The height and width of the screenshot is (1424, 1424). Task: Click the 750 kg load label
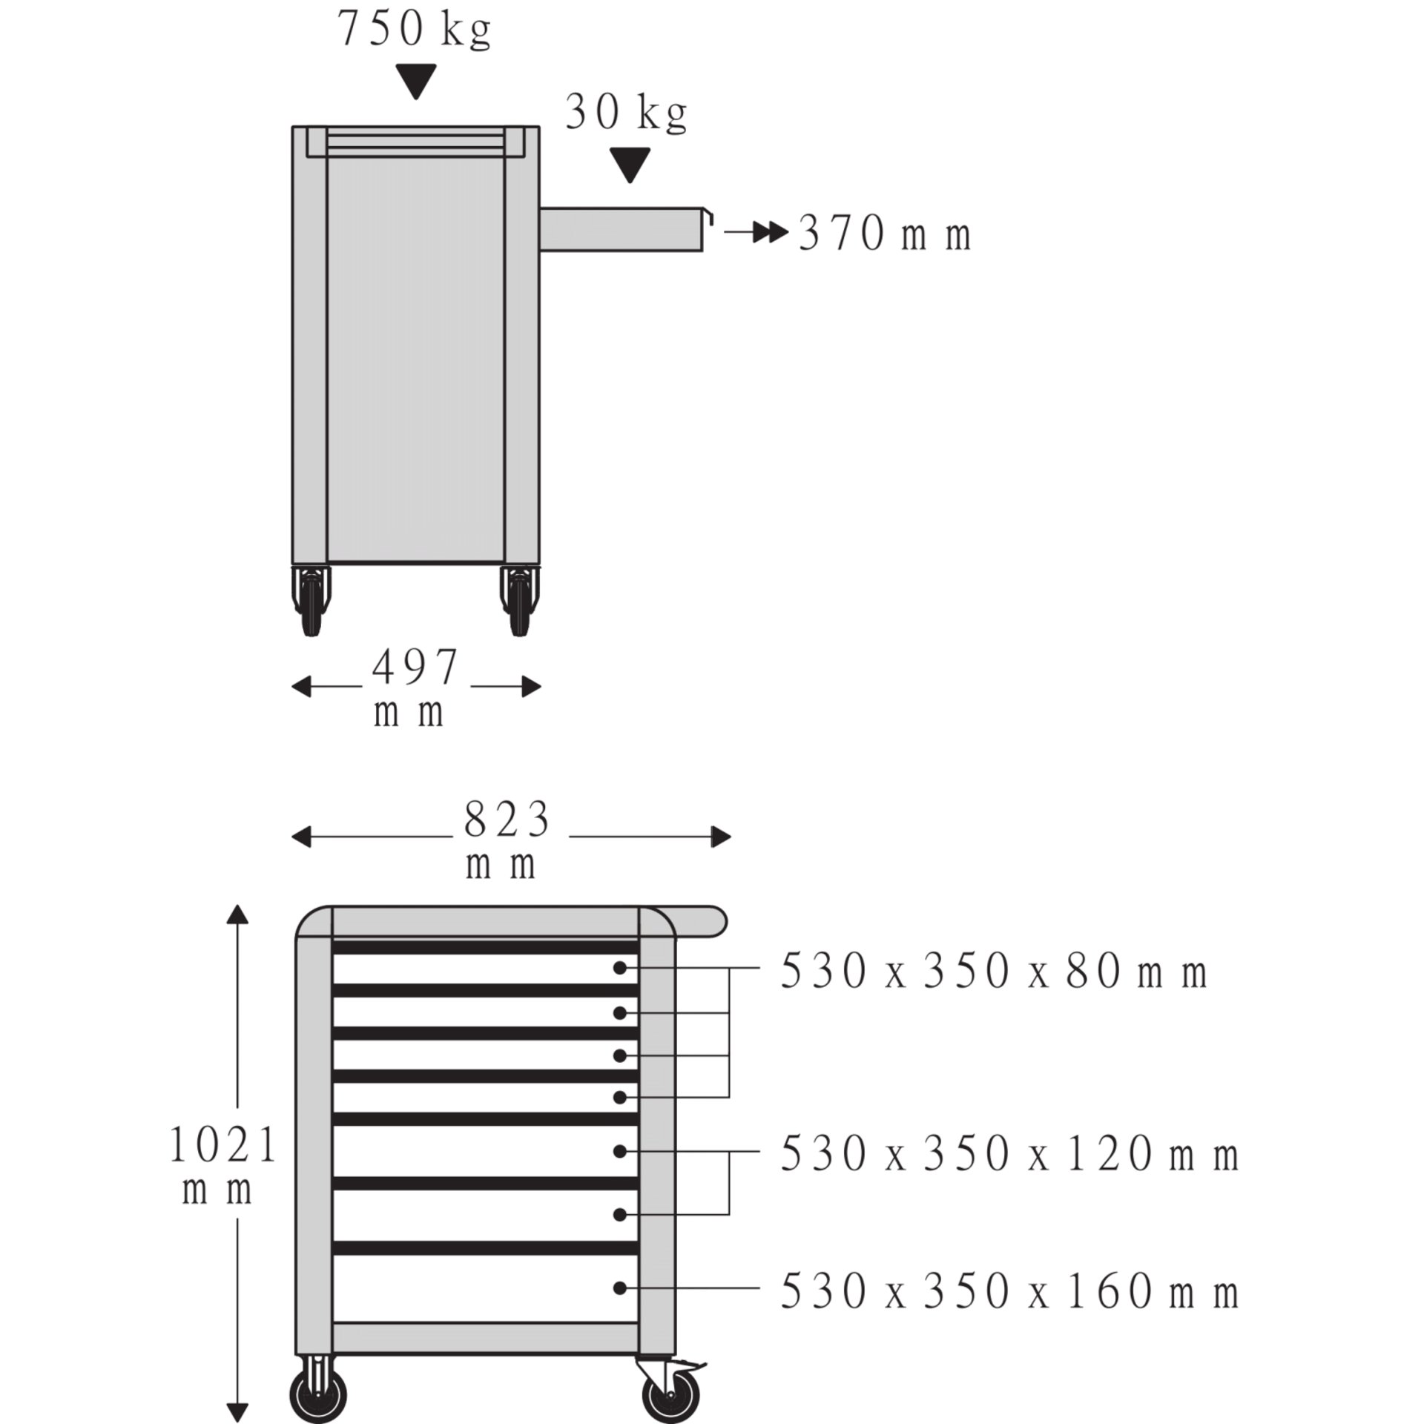pyautogui.click(x=414, y=30)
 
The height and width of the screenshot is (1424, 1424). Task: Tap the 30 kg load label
pyautogui.click(x=627, y=113)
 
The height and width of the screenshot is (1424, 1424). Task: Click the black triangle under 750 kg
pyautogui.click(x=415, y=82)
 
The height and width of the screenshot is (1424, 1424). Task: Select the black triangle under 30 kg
pyautogui.click(x=630, y=165)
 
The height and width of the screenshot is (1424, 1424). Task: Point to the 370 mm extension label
pyautogui.click(x=885, y=234)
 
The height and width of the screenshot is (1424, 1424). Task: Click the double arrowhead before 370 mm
pyautogui.click(x=769, y=233)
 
